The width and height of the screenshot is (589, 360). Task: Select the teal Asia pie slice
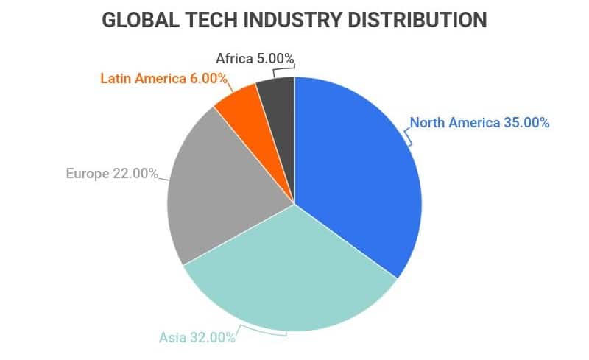pos(294,280)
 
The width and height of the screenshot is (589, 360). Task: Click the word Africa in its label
pos(234,57)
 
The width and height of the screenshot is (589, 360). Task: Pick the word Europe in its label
pos(86,174)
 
